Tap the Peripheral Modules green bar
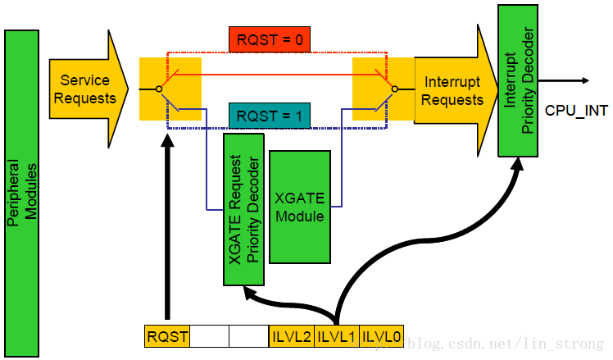point(22,193)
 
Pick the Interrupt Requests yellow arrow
point(453,89)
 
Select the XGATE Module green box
point(299,206)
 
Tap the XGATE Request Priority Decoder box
point(243,209)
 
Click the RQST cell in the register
point(166,335)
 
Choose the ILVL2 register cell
point(290,335)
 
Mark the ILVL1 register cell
point(336,335)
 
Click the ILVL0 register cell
point(381,335)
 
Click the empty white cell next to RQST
point(209,335)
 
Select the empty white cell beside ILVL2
point(247,335)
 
